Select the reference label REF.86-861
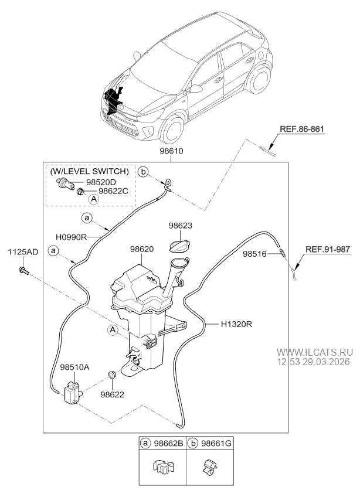[x=300, y=130]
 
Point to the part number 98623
[x=180, y=224]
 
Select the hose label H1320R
[x=237, y=323]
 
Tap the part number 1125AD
[x=23, y=252]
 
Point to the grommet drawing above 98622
[x=111, y=375]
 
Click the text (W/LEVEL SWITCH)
[x=89, y=171]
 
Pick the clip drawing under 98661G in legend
[x=209, y=469]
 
